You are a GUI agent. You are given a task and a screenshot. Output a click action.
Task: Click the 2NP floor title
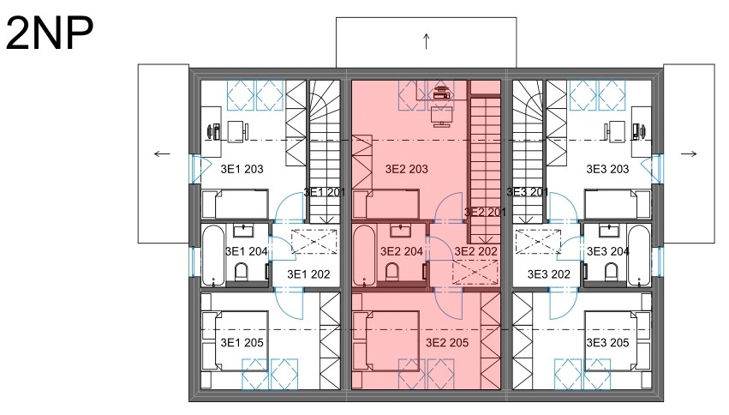point(50,33)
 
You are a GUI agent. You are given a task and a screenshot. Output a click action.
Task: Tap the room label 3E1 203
point(242,169)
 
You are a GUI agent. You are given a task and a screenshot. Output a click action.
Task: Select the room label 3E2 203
point(406,169)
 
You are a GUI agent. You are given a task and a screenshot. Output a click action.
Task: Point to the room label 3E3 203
point(607,169)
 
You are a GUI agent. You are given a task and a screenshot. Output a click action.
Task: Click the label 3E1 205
point(242,343)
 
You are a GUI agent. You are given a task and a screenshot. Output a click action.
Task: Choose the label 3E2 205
point(447,343)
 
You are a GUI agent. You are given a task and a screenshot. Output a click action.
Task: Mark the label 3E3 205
point(607,343)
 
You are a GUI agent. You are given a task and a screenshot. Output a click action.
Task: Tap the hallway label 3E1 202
point(308,274)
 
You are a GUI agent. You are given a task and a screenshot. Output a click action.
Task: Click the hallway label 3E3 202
point(548,274)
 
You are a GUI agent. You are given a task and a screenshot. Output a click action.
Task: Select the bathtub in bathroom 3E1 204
point(214,256)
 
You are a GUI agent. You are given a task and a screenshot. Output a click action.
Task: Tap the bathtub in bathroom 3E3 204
point(638,256)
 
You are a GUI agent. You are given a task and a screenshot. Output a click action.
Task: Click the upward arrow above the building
point(426,41)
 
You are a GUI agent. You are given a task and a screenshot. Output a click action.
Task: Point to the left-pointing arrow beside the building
point(162,154)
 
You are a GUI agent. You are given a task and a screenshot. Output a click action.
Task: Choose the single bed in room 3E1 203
point(236,204)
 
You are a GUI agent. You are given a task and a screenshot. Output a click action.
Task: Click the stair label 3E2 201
point(485,212)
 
